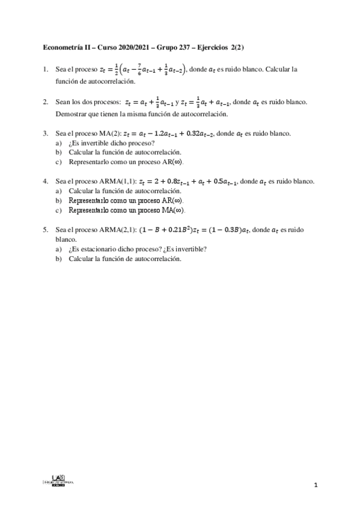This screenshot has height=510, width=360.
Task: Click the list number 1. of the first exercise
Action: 46,70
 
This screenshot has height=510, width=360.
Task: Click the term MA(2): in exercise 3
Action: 109,133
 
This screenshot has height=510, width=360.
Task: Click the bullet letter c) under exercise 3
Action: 58,162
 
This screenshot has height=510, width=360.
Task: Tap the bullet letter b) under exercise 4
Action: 58,201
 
